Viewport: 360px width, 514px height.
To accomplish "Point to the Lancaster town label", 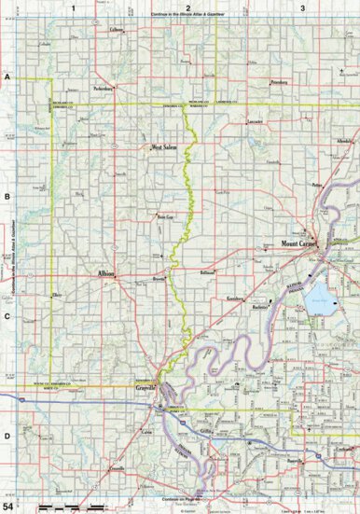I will coord(253,122).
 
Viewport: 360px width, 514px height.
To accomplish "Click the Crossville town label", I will coord(116,467).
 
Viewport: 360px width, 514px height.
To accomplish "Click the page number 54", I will coord(9,505).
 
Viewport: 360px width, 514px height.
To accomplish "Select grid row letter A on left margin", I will coord(7,77).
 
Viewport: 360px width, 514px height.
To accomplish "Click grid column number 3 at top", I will coord(301,7).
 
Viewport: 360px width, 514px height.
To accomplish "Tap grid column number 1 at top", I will coord(72,7).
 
